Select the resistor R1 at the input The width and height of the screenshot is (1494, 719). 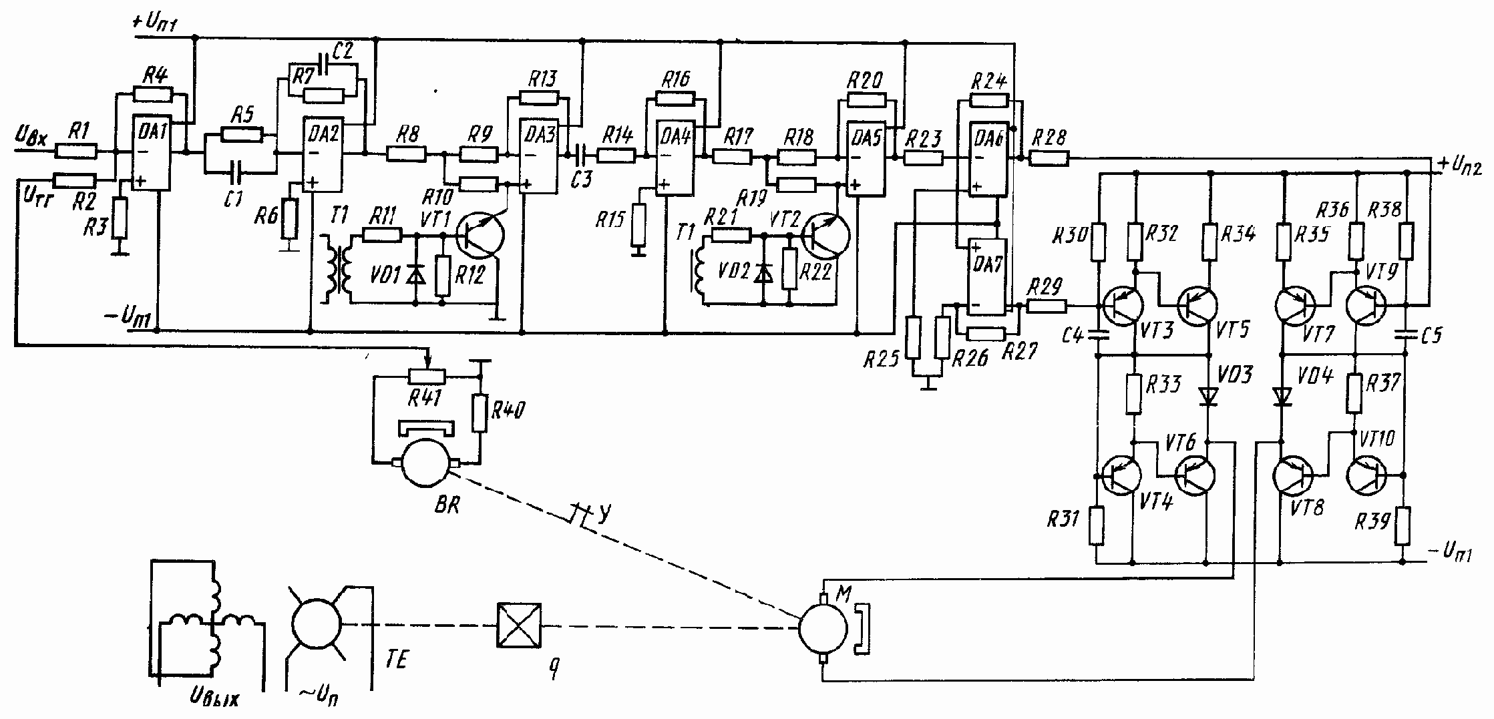pyautogui.click(x=76, y=152)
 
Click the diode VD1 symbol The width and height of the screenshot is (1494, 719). pyautogui.click(x=416, y=273)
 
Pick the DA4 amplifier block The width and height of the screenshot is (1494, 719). pyautogui.click(x=677, y=159)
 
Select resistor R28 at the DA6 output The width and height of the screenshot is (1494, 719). pyautogui.click(x=1049, y=159)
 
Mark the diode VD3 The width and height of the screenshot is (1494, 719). pyautogui.click(x=1207, y=397)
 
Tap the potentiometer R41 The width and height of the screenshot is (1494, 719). pyautogui.click(x=426, y=377)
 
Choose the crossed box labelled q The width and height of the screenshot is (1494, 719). pyautogui.click(x=519, y=625)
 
